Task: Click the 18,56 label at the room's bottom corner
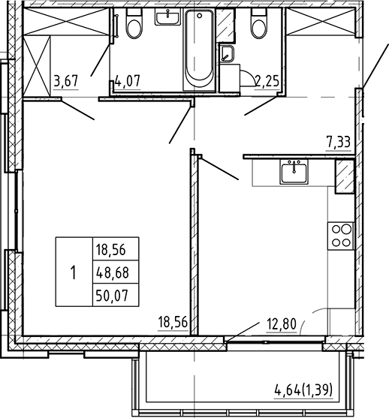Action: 173,323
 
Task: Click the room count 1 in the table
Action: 73,272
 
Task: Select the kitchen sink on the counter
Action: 294,173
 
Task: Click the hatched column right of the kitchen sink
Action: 345,178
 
